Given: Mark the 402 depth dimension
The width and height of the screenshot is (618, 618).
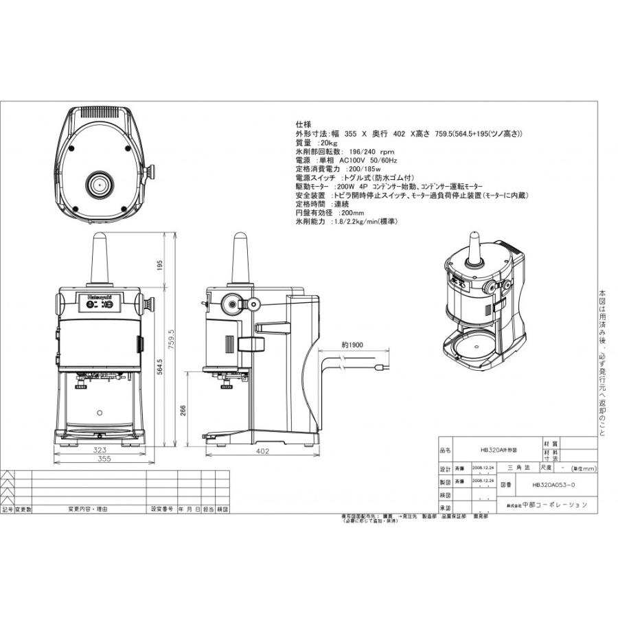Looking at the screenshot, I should [x=262, y=451].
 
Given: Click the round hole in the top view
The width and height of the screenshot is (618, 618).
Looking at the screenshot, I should [x=98, y=183].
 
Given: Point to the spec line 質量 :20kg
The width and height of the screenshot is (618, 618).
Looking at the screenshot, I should [x=313, y=143].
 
